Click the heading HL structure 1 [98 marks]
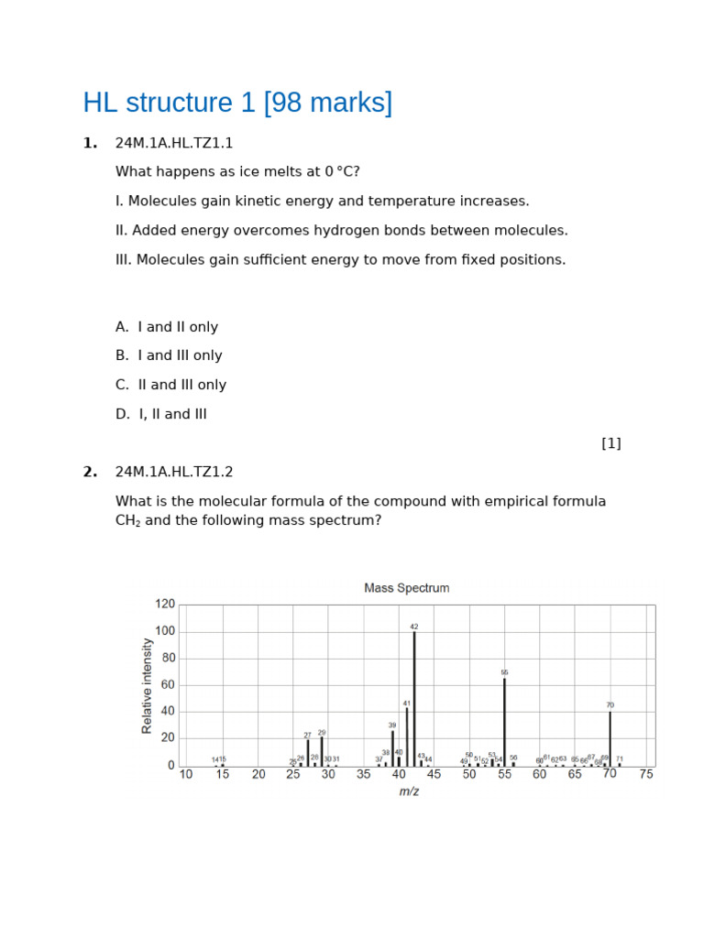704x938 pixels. click(237, 103)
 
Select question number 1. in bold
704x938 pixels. click(90, 143)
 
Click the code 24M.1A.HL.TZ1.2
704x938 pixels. click(174, 472)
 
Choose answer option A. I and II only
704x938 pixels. click(167, 327)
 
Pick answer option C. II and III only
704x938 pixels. click(170, 385)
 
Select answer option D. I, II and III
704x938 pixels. click(161, 414)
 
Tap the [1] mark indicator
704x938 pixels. click(611, 443)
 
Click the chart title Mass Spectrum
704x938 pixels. click(407, 588)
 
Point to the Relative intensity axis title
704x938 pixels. click(148, 685)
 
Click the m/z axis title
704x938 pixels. click(409, 791)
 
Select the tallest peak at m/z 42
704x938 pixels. click(414, 696)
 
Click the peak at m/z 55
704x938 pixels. click(504, 721)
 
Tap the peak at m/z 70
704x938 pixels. click(610, 737)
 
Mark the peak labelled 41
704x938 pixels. click(407, 735)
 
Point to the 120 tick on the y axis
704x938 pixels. click(165, 605)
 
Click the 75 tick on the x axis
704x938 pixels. click(646, 774)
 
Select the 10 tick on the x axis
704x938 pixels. click(186, 774)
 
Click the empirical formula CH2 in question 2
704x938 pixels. click(128, 521)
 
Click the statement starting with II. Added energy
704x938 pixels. click(342, 230)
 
